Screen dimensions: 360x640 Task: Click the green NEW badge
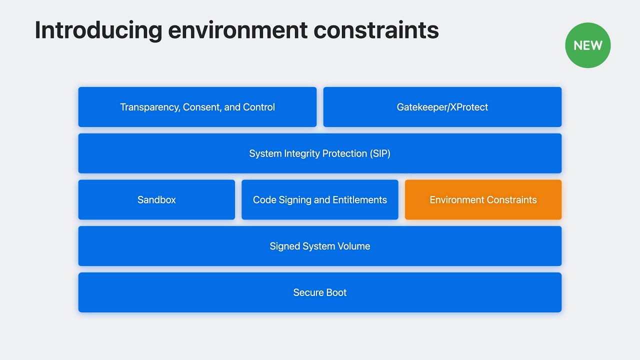pos(587,45)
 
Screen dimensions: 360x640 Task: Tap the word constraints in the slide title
pos(376,30)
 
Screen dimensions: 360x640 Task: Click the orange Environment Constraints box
pos(483,199)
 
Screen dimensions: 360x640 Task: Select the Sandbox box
pos(156,199)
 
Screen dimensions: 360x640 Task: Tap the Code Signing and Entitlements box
pos(320,199)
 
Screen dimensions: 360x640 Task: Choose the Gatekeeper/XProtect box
pos(442,107)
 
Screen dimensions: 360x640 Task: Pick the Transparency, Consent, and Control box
pos(197,107)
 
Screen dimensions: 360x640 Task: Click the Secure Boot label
pos(320,292)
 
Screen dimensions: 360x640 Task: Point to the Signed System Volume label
pos(320,246)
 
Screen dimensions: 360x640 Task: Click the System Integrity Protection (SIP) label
pos(320,153)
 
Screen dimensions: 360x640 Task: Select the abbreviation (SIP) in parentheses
pos(380,153)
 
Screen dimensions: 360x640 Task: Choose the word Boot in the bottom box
pos(335,292)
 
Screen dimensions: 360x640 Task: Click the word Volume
pos(353,246)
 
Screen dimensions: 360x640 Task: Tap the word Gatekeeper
pos(419,107)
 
